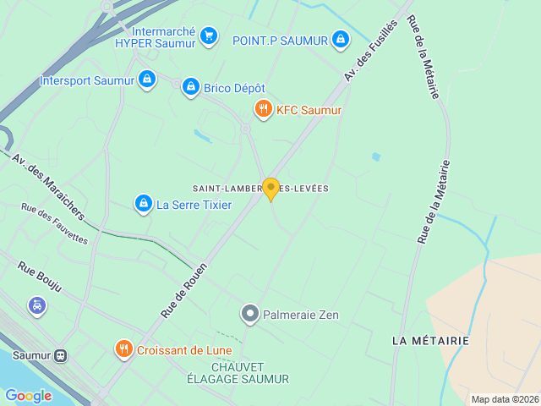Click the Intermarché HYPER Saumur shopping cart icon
[209, 36]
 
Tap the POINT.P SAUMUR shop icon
[340, 39]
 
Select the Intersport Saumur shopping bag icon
[147, 80]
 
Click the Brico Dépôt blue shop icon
[190, 86]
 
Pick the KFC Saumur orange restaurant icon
[264, 109]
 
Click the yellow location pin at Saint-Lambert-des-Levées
[270, 189]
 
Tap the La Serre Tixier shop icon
[143, 203]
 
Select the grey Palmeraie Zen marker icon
[249, 315]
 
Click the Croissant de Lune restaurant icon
[124, 349]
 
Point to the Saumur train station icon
[61, 356]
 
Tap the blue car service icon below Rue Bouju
[37, 305]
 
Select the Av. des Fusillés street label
[370, 52]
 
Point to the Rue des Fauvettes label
[55, 224]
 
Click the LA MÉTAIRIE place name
[430, 339]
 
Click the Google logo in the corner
[28, 395]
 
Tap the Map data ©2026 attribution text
[505, 399]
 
